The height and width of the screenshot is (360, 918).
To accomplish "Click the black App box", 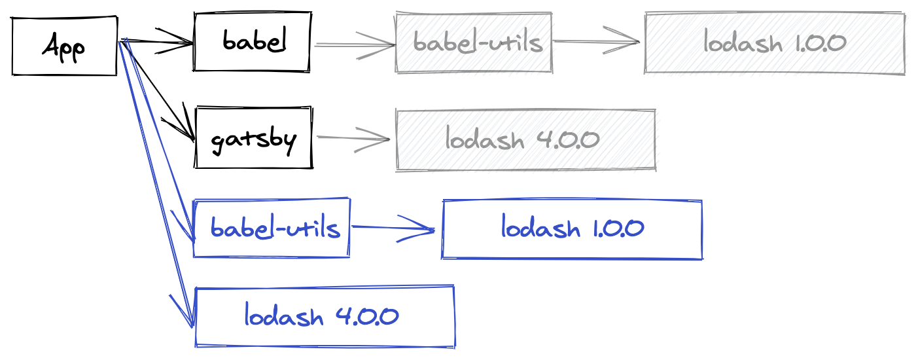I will [64, 46].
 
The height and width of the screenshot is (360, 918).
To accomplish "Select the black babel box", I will [253, 42].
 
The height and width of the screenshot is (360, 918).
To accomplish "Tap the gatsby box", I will [254, 138].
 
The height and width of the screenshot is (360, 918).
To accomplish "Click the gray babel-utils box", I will [474, 43].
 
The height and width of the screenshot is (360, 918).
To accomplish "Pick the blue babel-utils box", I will [272, 228].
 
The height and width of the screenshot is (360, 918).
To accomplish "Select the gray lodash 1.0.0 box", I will [775, 43].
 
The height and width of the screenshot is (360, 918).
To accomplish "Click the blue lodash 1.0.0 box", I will [573, 229].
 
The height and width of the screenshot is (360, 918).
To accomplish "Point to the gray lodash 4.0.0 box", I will [525, 140].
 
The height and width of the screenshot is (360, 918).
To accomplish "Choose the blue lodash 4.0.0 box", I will [325, 317].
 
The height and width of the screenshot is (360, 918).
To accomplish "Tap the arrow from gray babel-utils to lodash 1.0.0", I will [595, 42].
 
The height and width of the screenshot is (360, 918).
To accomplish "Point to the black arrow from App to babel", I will [157, 43].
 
